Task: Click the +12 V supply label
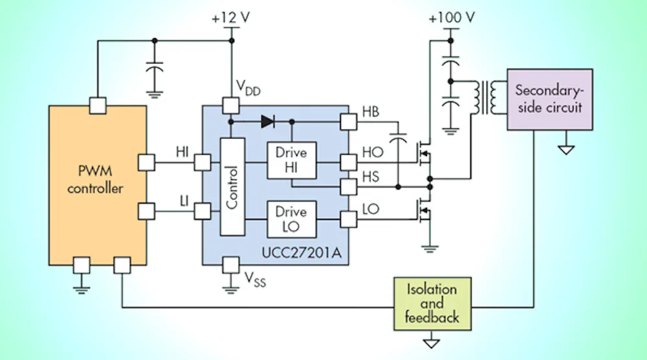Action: coord(230,19)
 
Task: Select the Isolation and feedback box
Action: coord(432,303)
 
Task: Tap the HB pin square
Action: coord(348,121)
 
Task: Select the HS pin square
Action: coord(348,186)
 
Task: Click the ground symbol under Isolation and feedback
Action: coord(432,341)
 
